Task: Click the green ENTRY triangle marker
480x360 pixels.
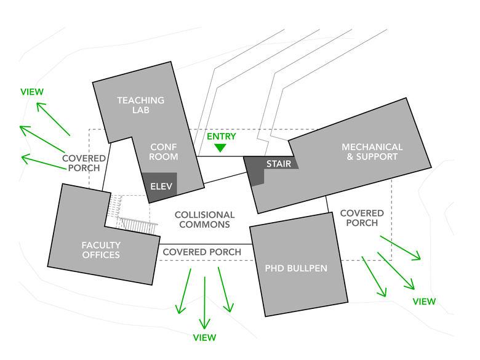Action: (220, 148)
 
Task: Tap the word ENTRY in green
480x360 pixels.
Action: (222, 136)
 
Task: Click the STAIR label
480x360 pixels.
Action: (278, 164)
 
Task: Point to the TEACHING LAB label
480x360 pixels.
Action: (141, 105)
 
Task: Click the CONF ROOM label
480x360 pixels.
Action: (164, 152)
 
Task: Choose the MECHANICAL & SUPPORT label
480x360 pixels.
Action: (372, 152)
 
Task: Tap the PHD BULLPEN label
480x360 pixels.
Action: (296, 268)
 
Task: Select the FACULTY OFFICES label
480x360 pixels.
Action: (101, 250)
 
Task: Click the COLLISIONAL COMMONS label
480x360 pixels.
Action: (204, 220)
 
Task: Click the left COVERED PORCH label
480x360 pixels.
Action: (84, 163)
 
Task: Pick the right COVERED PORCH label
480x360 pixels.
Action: (362, 218)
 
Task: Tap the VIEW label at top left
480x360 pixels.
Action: (32, 92)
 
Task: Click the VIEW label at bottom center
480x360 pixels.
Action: (205, 337)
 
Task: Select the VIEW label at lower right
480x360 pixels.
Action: (424, 302)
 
